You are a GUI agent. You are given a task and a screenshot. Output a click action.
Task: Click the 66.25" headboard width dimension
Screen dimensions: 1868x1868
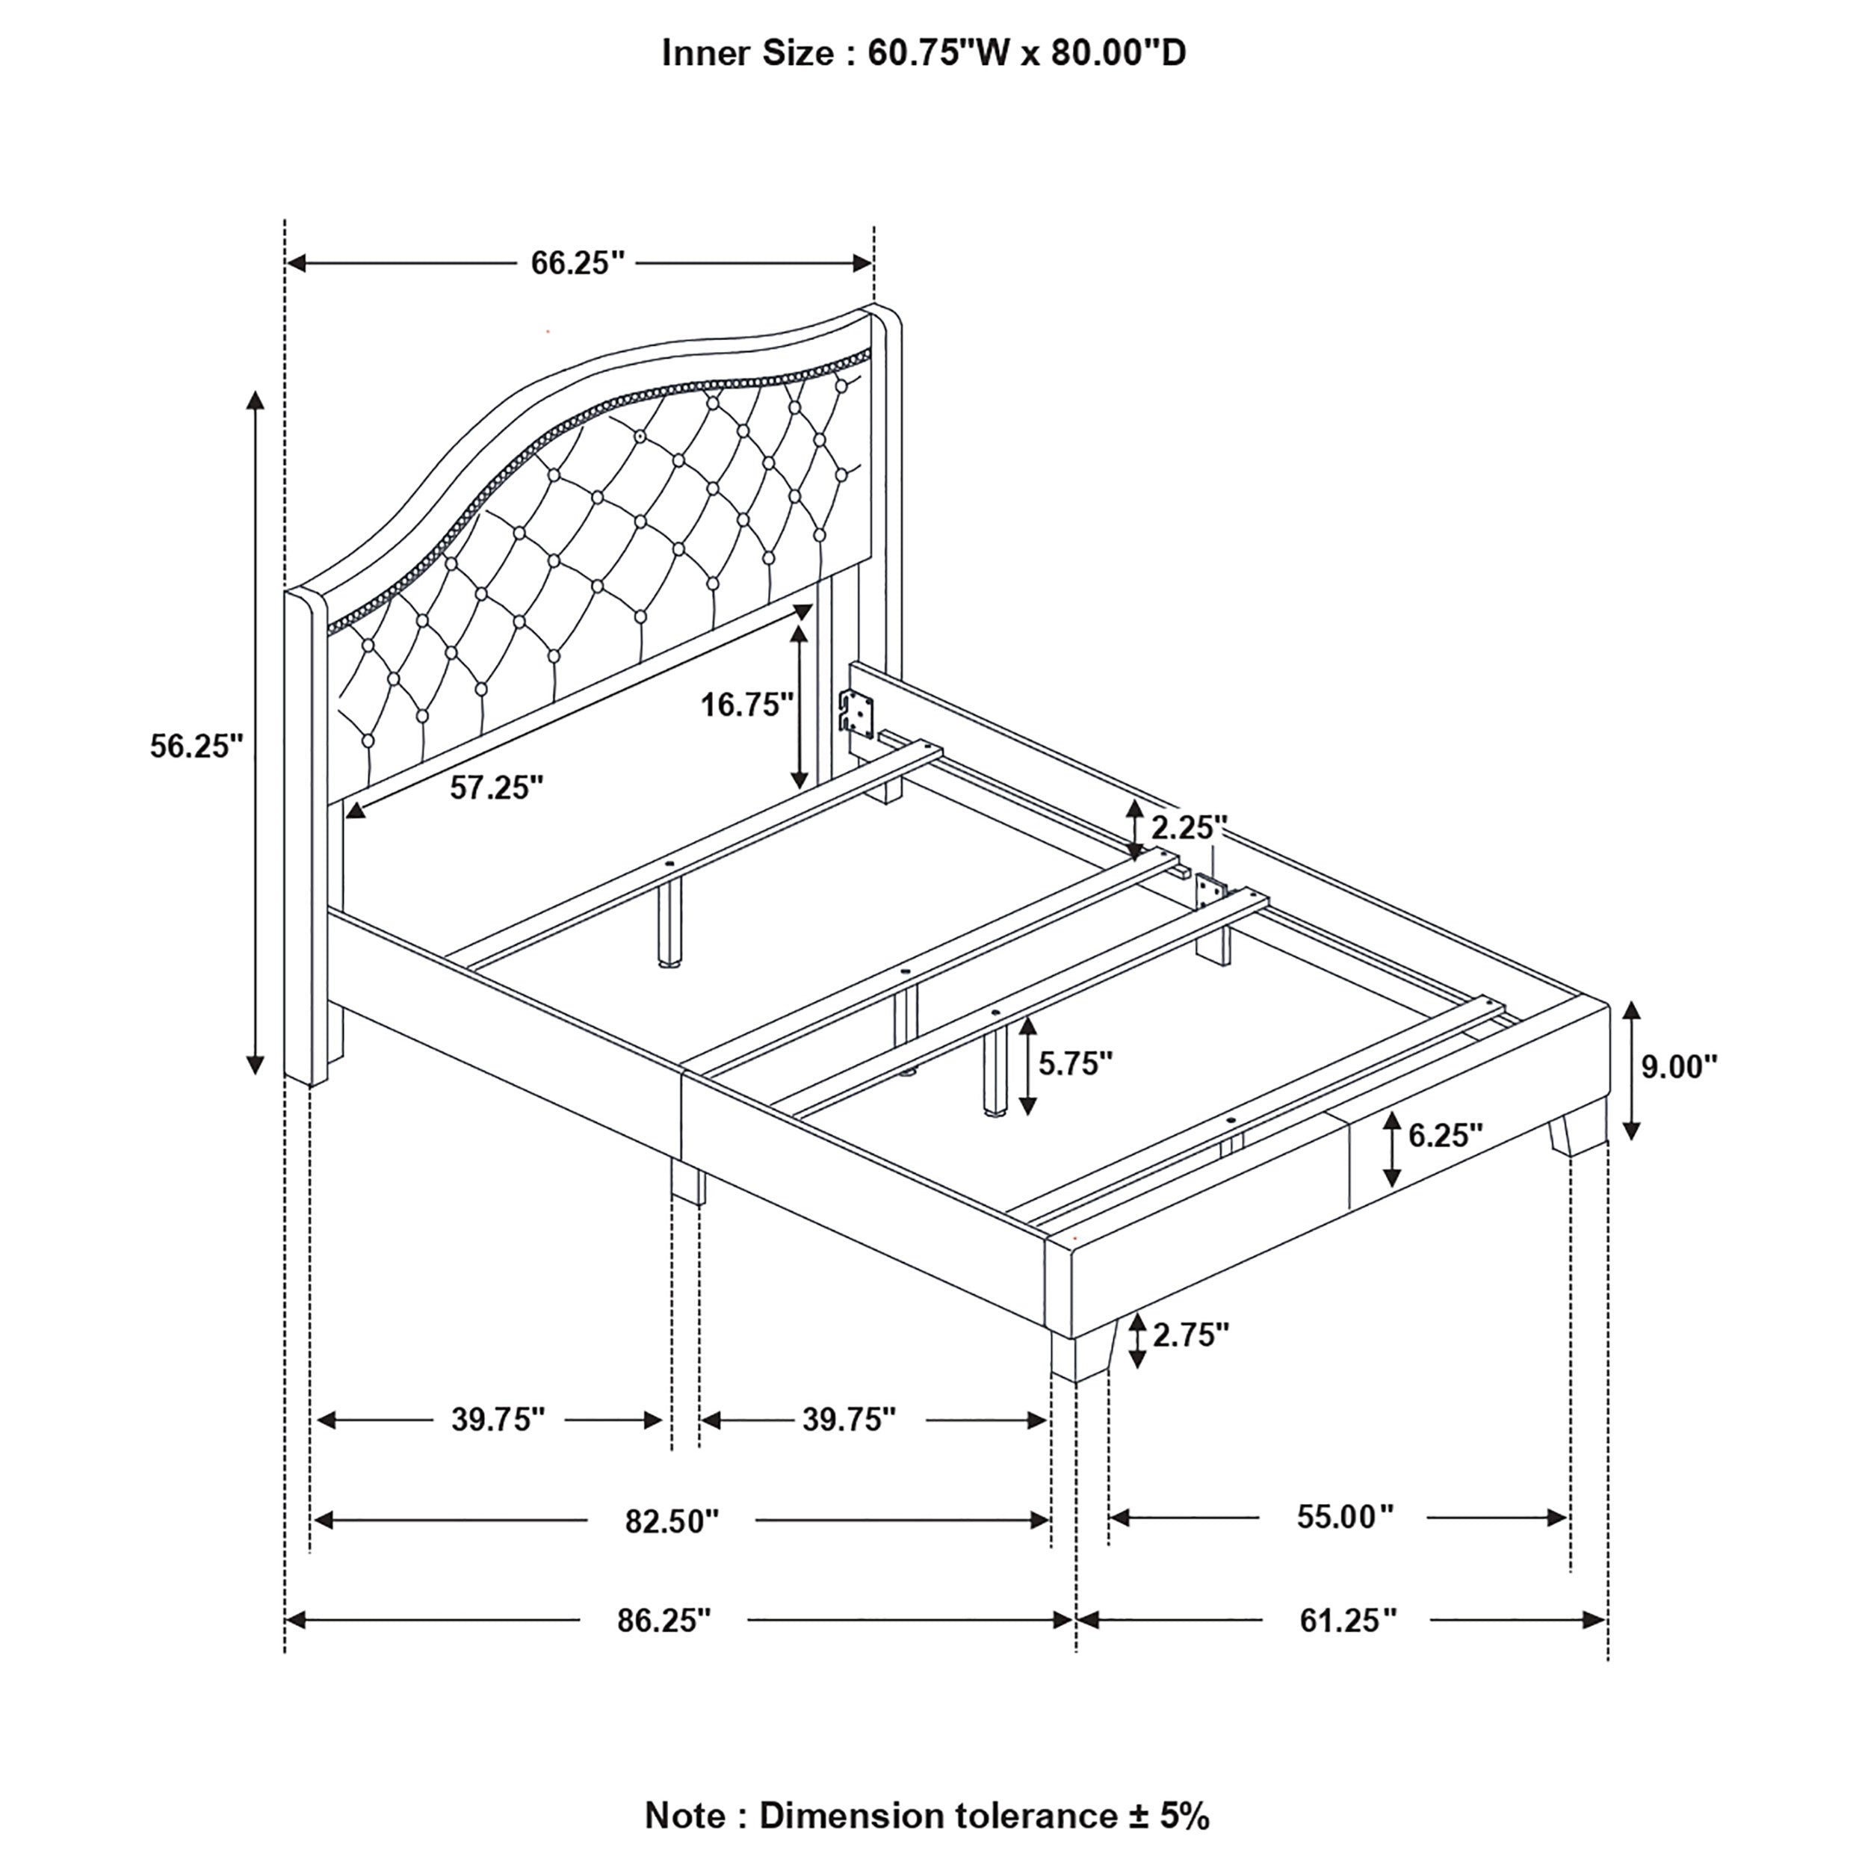tap(578, 263)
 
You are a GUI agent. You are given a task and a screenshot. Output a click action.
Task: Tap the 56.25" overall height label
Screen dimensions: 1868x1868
tap(197, 746)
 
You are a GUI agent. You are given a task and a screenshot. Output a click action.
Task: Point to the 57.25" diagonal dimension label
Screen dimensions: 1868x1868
tap(497, 788)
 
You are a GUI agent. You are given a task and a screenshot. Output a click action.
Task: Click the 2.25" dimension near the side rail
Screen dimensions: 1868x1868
tap(1188, 828)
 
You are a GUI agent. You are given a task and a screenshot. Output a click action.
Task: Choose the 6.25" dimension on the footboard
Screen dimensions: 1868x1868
tap(1444, 1135)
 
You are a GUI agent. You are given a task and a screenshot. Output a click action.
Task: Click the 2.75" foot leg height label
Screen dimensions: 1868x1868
tap(1190, 1335)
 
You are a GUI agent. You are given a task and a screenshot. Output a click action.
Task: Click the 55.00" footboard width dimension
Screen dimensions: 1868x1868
tap(1345, 1517)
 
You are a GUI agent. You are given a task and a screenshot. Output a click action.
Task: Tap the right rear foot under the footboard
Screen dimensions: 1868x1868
tap(1575, 1135)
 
